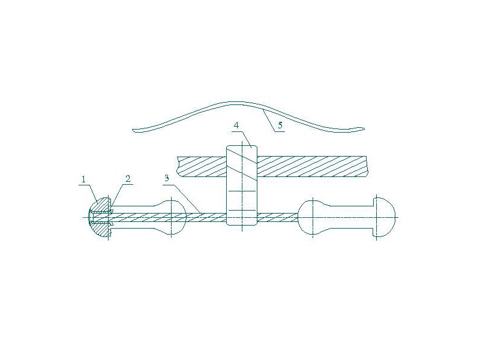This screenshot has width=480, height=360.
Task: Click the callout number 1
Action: tap(83, 179)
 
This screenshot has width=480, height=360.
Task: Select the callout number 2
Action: tap(128, 179)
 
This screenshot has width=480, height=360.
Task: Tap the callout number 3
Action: tap(167, 178)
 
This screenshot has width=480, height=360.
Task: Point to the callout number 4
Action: tap(236, 125)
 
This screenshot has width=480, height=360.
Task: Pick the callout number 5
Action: tap(280, 125)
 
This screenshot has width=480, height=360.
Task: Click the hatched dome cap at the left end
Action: tap(100, 217)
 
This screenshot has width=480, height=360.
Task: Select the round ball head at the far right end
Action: tap(384, 217)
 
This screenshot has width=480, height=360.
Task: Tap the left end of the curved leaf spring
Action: tap(133, 130)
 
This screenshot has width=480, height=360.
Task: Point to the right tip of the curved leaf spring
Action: tap(364, 128)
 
